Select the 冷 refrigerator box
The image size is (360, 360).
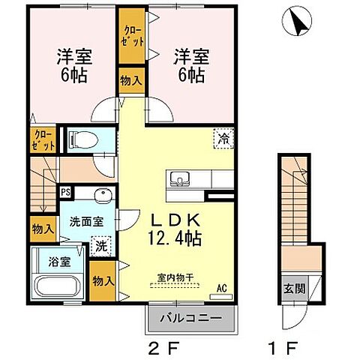[223, 138]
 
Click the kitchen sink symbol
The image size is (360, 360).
[180, 179]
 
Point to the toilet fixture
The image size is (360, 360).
[80, 138]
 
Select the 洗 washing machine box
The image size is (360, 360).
[100, 245]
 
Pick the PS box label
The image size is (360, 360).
[65, 191]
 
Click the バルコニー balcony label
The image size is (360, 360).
[190, 318]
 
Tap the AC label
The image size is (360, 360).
[221, 286]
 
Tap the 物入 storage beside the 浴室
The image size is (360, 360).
[103, 280]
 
